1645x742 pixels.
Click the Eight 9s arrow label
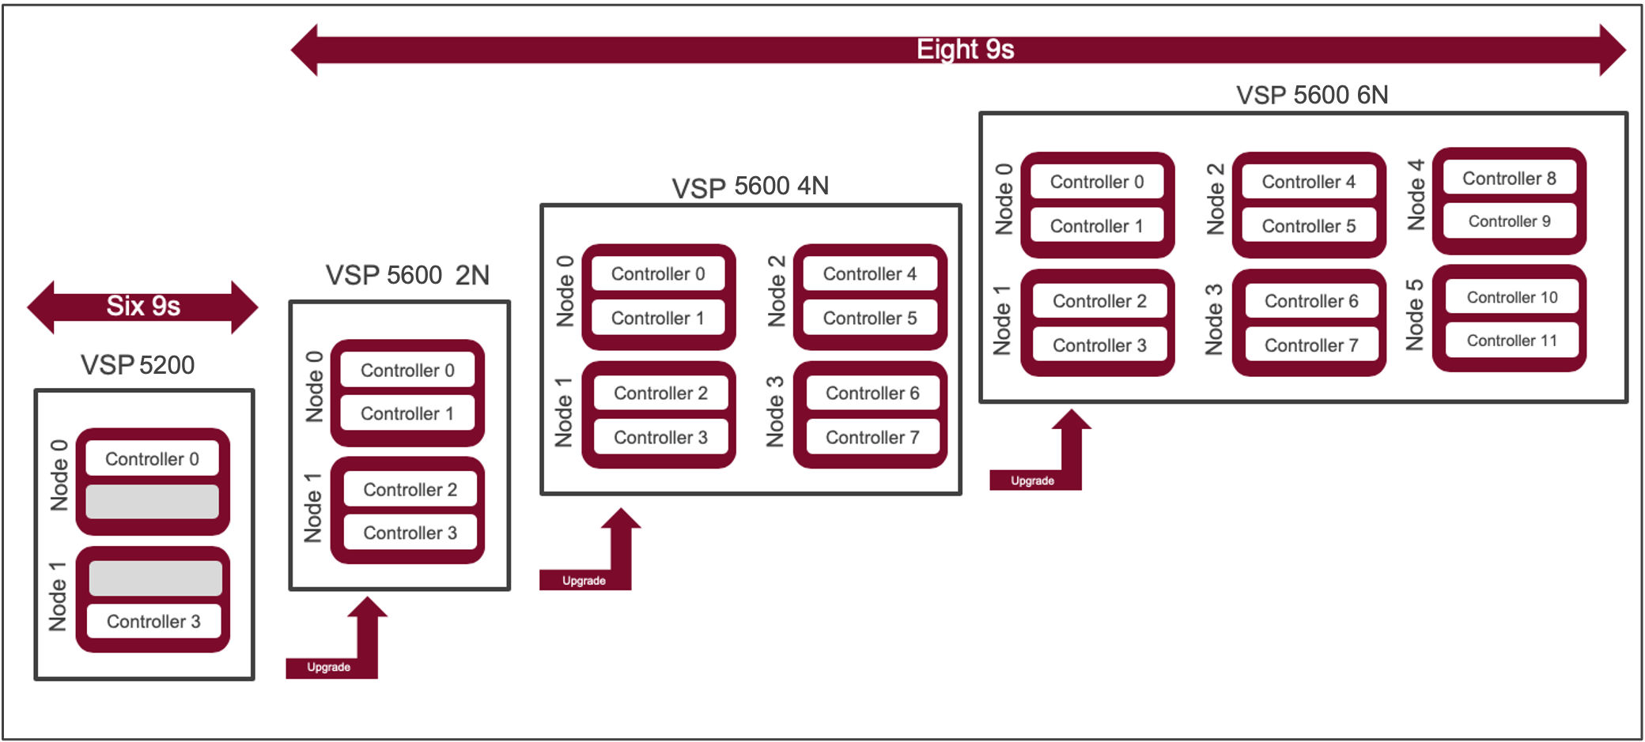coord(965,50)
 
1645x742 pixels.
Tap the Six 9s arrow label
coord(143,306)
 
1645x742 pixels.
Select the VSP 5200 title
coord(138,365)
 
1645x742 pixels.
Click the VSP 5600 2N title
coord(407,275)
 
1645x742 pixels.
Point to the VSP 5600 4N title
coord(750,186)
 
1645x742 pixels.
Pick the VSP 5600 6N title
coord(1311,95)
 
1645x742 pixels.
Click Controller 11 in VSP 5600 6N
coord(1511,341)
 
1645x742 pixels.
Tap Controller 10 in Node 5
coord(1511,297)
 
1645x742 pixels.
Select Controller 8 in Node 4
coord(1509,179)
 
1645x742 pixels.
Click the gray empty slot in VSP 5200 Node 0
coord(152,502)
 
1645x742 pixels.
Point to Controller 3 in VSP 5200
coord(153,621)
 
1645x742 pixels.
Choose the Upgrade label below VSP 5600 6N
coord(1032,480)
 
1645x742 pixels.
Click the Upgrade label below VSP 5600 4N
coord(584,581)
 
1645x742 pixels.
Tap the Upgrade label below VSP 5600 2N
coord(328,667)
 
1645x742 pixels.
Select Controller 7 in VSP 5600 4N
coord(872,437)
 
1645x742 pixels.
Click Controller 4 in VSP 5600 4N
coord(869,274)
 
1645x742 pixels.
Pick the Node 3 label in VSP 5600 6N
coord(1213,319)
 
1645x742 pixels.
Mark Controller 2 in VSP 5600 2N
coord(410,489)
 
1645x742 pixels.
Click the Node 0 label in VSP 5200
coord(59,476)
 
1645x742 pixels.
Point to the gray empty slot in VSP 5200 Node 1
coord(155,578)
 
